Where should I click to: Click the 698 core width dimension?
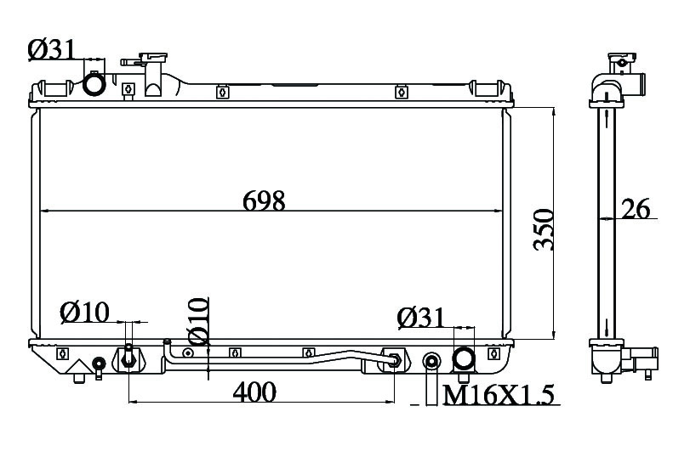[x=264, y=200]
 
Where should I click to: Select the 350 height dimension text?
[x=543, y=229]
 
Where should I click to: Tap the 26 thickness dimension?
[x=636, y=209]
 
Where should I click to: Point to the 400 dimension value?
[x=254, y=392]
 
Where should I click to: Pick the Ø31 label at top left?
[x=52, y=50]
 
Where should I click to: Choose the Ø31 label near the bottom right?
[x=421, y=318]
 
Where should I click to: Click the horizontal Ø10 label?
[x=85, y=312]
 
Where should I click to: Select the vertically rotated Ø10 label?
[x=199, y=321]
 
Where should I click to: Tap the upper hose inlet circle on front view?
[x=94, y=84]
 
